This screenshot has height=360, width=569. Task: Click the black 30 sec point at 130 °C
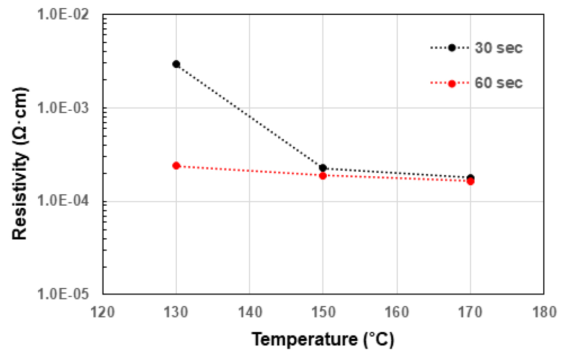(176, 64)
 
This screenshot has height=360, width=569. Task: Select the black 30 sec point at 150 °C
(323, 168)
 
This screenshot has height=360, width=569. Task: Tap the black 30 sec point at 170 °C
(470, 178)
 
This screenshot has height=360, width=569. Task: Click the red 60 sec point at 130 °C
(176, 165)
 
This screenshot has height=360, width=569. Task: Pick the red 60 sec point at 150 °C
(323, 176)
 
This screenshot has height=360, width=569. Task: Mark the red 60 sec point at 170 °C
(470, 181)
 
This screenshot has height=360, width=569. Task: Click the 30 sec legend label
(499, 48)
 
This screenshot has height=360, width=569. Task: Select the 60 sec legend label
(499, 83)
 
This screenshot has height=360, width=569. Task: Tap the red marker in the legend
(452, 83)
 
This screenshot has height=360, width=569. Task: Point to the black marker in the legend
(452, 48)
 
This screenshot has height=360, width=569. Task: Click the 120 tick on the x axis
(103, 312)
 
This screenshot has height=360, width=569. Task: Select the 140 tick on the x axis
(249, 312)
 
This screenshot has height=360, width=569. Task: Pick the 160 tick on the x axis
(397, 312)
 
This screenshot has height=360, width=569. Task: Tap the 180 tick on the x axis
(543, 312)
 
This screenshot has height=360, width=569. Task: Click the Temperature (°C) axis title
(322, 340)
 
